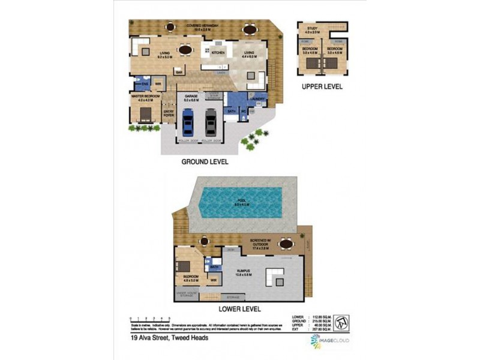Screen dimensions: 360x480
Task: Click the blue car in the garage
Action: click(188, 122)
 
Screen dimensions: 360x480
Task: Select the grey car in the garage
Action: click(211, 122)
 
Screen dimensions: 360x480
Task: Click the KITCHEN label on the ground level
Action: click(217, 53)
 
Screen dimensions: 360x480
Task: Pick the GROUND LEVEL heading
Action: click(206, 162)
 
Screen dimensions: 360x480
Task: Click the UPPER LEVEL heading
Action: click(322, 86)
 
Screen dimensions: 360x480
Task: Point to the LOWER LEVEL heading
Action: click(239, 309)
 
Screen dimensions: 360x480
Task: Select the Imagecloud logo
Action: click(329, 341)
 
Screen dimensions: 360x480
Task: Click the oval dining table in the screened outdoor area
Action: click(286, 244)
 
